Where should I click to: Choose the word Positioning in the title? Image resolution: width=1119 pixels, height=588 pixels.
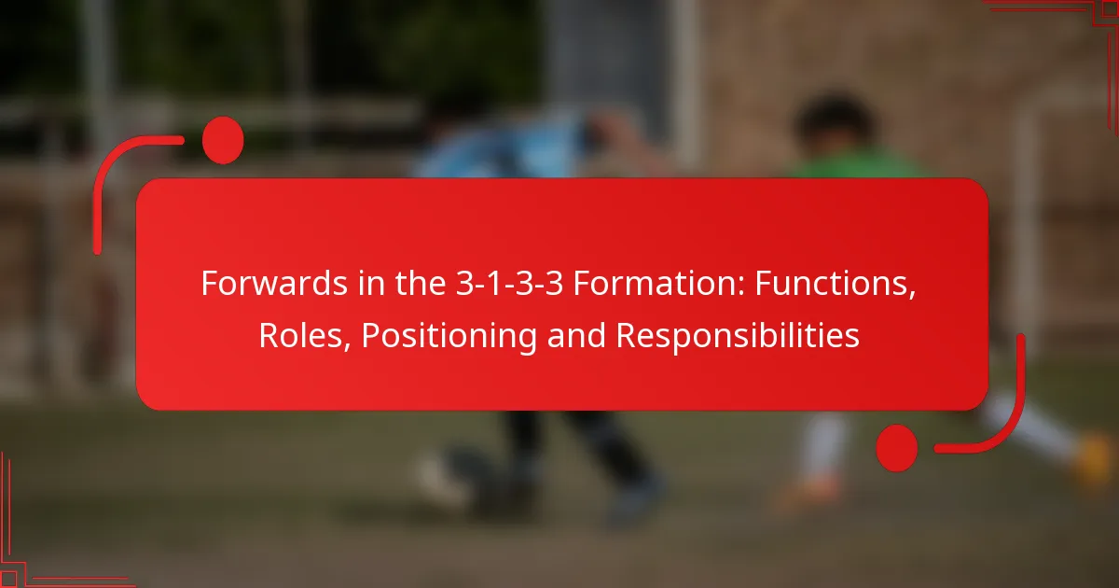tap(449, 335)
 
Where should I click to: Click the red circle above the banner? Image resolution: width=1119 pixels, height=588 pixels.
tap(223, 141)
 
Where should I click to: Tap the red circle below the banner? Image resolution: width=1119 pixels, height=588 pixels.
tap(896, 447)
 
